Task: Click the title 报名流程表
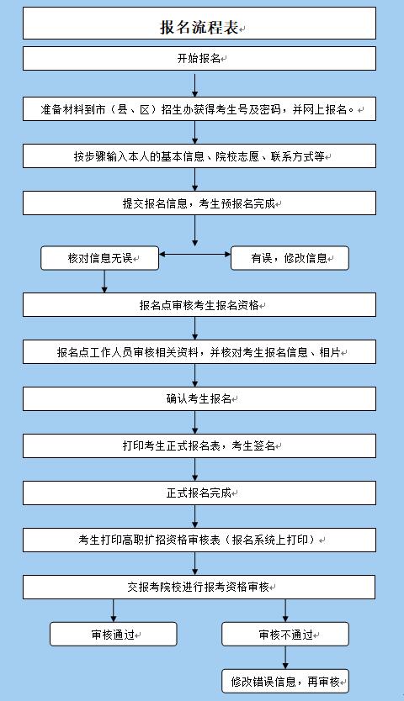pos(199,27)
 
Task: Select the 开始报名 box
pos(199,58)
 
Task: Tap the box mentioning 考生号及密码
pos(199,109)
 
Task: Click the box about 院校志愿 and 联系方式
pos(199,156)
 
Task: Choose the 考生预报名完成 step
pos(199,203)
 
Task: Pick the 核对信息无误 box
pos(100,258)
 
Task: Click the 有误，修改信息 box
pos(290,258)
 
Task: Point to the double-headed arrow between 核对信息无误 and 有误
pos(194,255)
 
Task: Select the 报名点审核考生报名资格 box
pos(199,305)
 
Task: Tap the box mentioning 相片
pos(199,352)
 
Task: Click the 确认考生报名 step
pos(199,398)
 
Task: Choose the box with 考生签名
pos(199,445)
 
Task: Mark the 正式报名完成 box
pos(199,493)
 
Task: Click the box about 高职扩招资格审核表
pos(199,540)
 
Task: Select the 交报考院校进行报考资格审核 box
pos(199,587)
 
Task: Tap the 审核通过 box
pos(114,634)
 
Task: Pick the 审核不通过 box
pos(285,634)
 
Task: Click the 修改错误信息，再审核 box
pos(285,681)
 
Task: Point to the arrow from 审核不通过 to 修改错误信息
pos(285,657)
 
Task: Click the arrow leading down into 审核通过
pos(114,611)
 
